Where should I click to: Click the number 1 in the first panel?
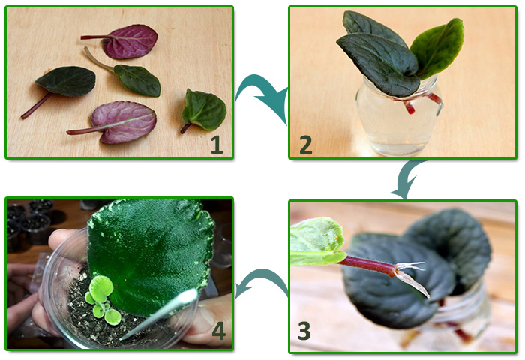point(217,144)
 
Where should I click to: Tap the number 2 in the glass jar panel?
point(306,144)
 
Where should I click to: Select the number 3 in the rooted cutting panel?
point(304,330)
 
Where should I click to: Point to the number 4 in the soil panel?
point(219,331)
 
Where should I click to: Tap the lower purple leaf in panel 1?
point(117,122)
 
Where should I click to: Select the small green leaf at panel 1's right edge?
point(203,110)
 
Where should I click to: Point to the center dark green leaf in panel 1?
point(134,77)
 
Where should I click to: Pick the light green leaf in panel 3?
point(316,241)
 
